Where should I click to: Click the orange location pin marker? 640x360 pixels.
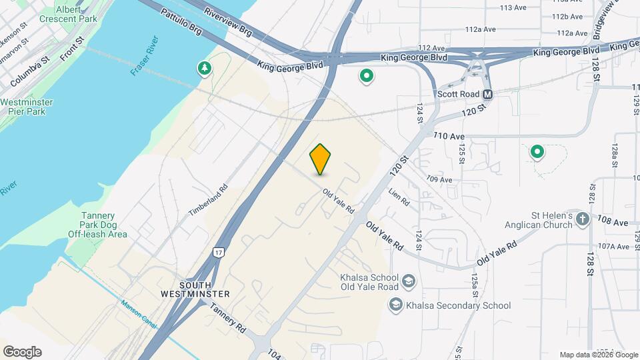pyautogui.click(x=321, y=159)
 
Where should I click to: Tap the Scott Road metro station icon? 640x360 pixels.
pyautogui.click(x=487, y=95)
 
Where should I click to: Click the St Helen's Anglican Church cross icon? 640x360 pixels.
pyautogui.click(x=582, y=219)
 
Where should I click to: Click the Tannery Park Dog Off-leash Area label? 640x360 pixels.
pyautogui.click(x=98, y=225)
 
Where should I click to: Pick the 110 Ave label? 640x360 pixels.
pyautogui.click(x=448, y=136)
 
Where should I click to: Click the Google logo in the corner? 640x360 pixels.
pyautogui.click(x=22, y=352)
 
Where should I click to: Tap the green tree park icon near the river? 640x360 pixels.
pyautogui.click(x=204, y=68)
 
